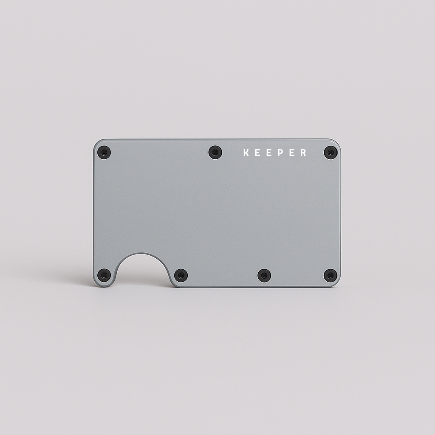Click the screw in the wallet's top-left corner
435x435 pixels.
104,152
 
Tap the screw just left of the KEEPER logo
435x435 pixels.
215,152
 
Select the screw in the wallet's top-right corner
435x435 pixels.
330,152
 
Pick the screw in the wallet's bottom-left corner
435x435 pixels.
104,275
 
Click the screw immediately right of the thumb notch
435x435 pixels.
181,275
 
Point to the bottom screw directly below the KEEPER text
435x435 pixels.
264,275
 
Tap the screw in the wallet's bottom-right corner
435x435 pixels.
330,275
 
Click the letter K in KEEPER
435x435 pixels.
246,153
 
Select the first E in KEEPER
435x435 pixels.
257,153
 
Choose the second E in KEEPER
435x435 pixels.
269,153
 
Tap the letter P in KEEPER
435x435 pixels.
280,153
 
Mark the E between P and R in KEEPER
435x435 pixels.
292,153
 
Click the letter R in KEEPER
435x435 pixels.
303,153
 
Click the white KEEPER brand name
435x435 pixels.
274,153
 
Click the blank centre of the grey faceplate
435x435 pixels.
217,212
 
